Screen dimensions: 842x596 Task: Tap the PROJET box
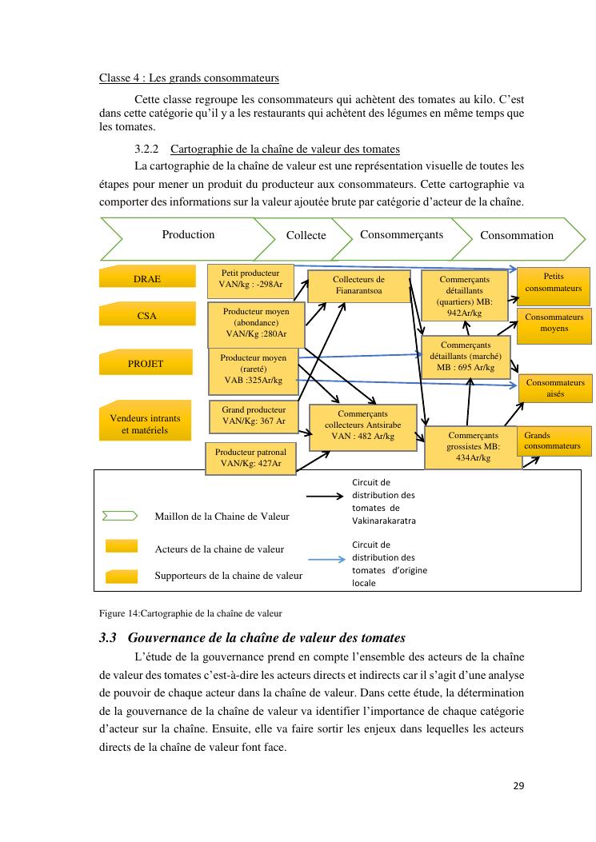[146, 362]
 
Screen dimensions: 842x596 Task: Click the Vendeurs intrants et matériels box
[145, 421]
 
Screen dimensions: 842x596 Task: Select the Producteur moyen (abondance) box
[255, 322]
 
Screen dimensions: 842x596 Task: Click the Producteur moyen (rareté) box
[253, 369]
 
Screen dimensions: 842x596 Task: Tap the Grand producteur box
[254, 415]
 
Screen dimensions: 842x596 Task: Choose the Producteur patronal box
[250, 457]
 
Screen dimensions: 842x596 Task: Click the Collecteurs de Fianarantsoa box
[358, 285]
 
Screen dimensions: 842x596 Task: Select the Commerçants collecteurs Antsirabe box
[362, 425]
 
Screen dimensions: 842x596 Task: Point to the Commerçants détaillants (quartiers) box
[464, 296]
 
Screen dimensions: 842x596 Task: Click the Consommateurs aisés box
[555, 389]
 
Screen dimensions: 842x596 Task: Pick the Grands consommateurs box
[554, 441]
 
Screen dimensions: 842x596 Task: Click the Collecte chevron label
[306, 235]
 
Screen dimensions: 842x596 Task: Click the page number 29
[518, 785]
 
